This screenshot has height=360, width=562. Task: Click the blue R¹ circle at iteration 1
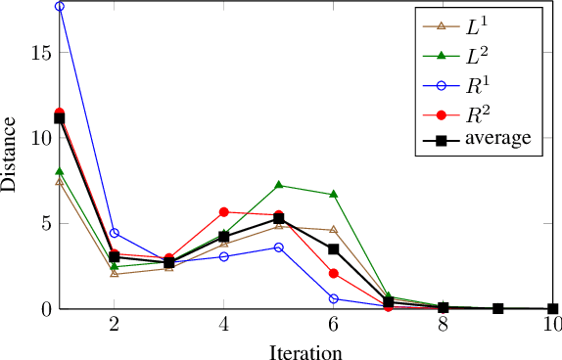(x=60, y=7)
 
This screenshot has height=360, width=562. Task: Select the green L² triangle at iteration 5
(x=279, y=185)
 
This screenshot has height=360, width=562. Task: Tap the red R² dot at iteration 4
(x=224, y=212)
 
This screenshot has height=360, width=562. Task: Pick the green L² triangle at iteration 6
(x=334, y=195)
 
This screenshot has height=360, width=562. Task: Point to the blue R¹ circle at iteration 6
(x=334, y=298)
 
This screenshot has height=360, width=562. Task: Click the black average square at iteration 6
(x=334, y=249)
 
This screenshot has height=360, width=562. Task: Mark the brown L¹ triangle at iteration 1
(x=60, y=182)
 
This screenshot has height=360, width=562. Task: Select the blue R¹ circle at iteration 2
(x=115, y=233)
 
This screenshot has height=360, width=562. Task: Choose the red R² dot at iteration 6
(x=334, y=274)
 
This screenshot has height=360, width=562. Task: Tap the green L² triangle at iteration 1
(x=60, y=172)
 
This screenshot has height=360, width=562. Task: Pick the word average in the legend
(x=498, y=140)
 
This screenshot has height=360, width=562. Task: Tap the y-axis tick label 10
(x=39, y=138)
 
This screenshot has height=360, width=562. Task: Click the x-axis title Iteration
(x=305, y=349)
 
